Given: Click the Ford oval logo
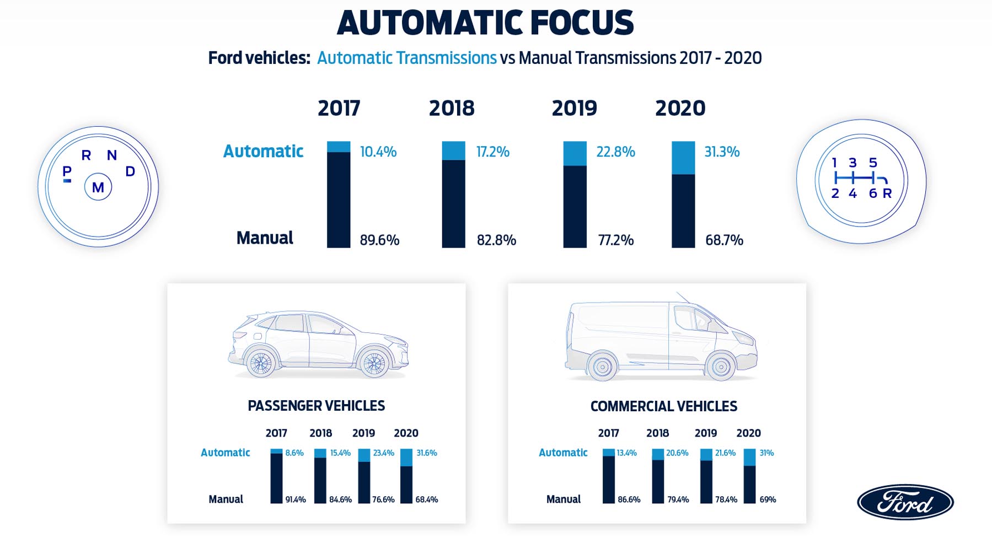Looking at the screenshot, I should coord(905,502).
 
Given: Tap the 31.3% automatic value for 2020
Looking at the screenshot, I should coord(722,152).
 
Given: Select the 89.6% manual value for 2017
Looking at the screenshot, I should coord(379,240).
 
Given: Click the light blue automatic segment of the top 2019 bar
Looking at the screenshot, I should coord(575,153).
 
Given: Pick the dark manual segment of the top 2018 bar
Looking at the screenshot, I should coord(453,204).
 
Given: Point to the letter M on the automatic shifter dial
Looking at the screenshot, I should coord(98,187).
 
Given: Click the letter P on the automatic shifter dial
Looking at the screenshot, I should coord(67,171).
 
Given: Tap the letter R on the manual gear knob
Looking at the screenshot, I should coord(887,193).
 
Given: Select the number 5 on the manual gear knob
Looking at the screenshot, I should coord(873,163).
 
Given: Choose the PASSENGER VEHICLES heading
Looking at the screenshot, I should coord(316,406).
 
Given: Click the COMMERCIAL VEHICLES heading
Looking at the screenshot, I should coord(663,406).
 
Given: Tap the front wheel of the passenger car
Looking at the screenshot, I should coord(374,363).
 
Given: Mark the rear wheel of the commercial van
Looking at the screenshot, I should coord(602,366).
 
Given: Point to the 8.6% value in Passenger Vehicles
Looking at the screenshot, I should coord(294,453).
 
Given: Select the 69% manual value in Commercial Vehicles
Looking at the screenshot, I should coord(768,499).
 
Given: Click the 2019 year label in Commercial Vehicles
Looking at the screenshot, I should coord(705,433).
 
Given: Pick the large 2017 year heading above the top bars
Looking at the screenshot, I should coord(339,108).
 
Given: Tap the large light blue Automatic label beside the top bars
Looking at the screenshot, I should coord(263,151).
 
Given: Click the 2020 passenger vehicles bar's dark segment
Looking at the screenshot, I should coord(406,485).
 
